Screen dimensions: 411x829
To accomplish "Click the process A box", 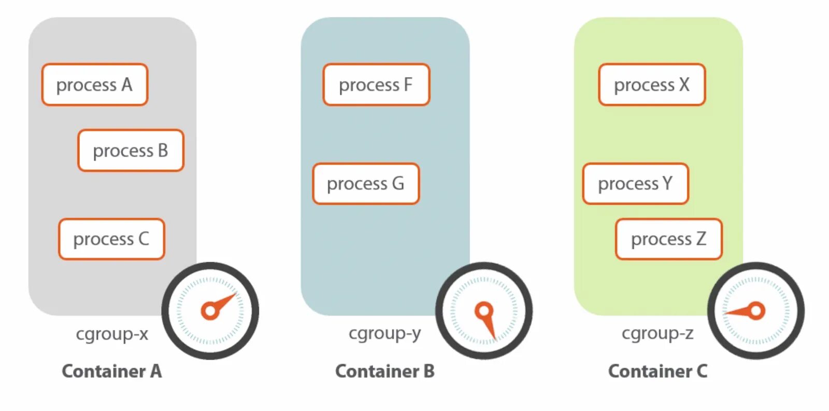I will click(x=95, y=85).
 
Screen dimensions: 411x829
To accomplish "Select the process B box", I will click(x=131, y=150).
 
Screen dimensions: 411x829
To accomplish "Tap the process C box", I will click(x=111, y=239).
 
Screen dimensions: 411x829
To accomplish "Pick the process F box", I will click(x=376, y=85).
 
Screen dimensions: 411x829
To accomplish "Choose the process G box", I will click(x=366, y=184).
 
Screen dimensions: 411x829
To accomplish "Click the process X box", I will click(x=652, y=85).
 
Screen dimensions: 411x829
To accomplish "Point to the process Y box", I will click(x=635, y=184).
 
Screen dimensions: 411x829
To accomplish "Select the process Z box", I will click(x=668, y=239).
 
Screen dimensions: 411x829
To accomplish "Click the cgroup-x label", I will click(x=112, y=334).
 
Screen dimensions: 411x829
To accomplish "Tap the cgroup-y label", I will click(x=384, y=333).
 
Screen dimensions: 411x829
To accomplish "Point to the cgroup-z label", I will click(x=658, y=333).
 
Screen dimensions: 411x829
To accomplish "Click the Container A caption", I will click(x=112, y=371).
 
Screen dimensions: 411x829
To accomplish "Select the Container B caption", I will click(x=385, y=371).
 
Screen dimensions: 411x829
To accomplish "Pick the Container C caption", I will click(x=658, y=371).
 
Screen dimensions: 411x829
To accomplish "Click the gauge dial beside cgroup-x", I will click(x=210, y=311).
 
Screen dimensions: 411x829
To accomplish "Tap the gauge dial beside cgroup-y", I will click(x=484, y=311).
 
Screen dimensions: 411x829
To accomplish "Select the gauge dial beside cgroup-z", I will click(x=756, y=311).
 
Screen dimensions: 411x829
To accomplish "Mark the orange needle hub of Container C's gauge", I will click(x=756, y=311).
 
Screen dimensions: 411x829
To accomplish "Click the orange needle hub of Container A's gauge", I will click(x=210, y=311).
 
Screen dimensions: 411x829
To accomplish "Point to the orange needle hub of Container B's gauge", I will click(x=484, y=311).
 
